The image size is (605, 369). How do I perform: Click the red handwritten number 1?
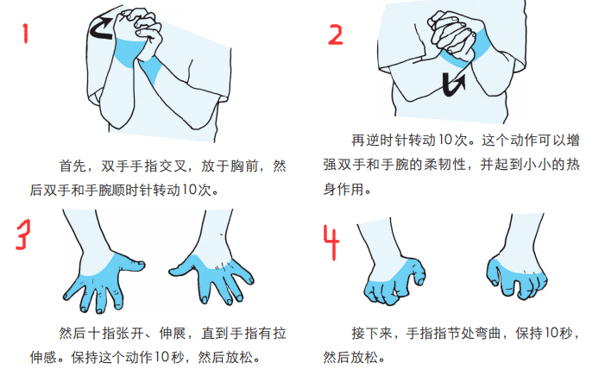(26, 33)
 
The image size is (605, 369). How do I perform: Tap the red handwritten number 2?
(336, 34)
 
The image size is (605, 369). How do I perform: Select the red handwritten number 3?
(24, 235)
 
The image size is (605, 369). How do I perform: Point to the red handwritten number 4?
(331, 242)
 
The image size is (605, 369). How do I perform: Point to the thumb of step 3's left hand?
(132, 266)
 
